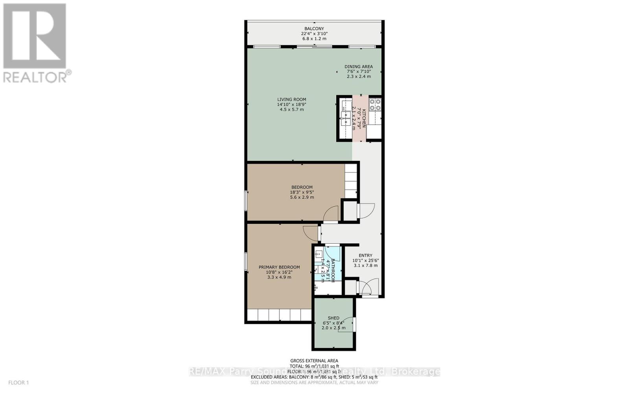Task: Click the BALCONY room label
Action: point(314,29)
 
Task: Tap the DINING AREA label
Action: point(359,67)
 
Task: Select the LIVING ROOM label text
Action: point(291,100)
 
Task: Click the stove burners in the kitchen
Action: point(375,105)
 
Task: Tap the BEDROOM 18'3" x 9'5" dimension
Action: point(302,192)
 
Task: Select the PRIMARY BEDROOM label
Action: point(279,267)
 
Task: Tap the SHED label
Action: point(333,318)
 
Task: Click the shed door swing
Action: point(347,325)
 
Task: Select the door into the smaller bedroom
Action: point(331,214)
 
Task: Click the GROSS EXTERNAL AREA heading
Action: point(314,361)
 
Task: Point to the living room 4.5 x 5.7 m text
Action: point(291,110)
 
